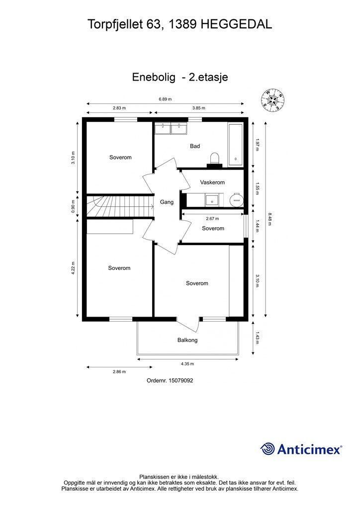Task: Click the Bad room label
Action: coord(195,146)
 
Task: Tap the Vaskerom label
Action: coord(212,182)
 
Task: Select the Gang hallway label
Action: coord(167,202)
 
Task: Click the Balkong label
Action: coord(187,340)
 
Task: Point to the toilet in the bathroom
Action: coord(215,159)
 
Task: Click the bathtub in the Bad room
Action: coord(235,145)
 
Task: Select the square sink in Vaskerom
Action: coord(212,200)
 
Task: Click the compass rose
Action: coord(273,100)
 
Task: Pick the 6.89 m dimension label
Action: coord(165,99)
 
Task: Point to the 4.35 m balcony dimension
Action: coord(187,363)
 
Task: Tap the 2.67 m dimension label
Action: coord(213,219)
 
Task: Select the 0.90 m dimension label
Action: coord(73,207)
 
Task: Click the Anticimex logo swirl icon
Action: coord(267,449)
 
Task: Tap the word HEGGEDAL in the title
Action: coord(236,24)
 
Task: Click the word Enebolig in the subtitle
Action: coord(154,77)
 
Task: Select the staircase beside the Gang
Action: coord(120,206)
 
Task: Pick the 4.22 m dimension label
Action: coord(73,268)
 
